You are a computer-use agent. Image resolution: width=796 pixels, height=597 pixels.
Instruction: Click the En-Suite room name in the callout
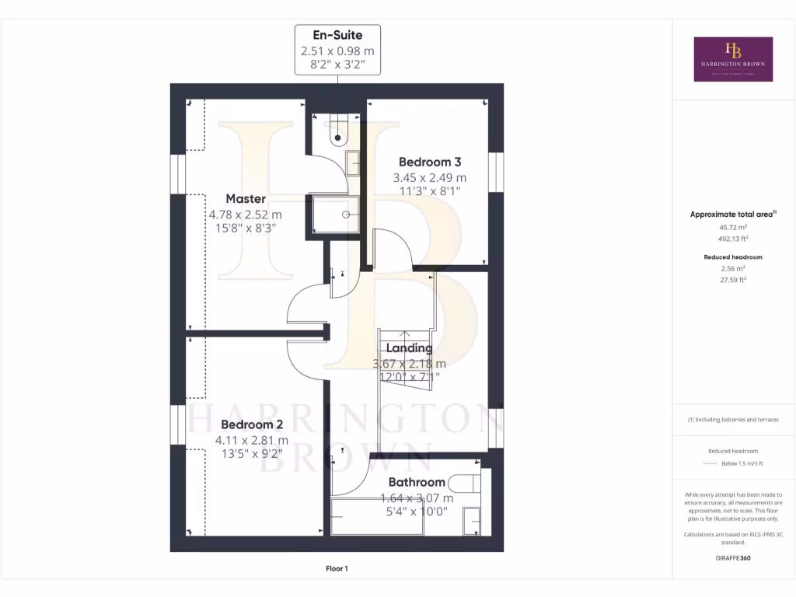tap(337, 35)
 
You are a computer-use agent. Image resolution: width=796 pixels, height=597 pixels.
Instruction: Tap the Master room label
tap(246, 199)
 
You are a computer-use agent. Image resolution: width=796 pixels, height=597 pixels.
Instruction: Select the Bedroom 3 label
tap(430, 162)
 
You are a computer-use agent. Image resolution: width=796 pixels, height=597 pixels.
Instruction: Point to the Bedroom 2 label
tap(252, 424)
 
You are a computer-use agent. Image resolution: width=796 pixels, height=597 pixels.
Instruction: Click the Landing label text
tap(409, 348)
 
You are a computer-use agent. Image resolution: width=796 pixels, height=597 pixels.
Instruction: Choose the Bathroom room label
tap(417, 482)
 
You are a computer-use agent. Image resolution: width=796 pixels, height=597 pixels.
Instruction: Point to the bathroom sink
tap(471, 519)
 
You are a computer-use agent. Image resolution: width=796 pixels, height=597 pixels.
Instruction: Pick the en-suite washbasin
tap(354, 163)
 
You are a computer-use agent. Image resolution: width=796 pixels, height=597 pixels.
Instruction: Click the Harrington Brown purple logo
tap(733, 59)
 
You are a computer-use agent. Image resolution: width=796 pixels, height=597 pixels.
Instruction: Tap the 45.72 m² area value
tap(733, 228)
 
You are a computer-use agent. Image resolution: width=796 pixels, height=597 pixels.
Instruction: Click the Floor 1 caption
tap(337, 568)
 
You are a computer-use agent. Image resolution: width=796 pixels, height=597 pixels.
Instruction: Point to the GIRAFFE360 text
tap(733, 557)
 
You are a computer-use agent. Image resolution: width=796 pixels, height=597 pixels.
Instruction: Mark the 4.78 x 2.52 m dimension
tap(245, 215)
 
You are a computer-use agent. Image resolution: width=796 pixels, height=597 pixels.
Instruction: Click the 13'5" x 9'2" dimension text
tap(252, 454)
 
